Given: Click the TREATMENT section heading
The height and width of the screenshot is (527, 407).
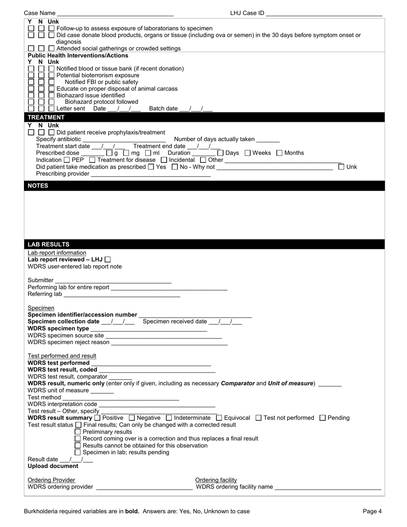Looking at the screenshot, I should point(46,117).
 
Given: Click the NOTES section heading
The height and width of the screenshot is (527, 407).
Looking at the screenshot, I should point(38,186).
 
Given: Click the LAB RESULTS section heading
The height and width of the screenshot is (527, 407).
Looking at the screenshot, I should point(48,244).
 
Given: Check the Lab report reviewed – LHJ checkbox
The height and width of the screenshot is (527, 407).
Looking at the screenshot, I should point(108,260).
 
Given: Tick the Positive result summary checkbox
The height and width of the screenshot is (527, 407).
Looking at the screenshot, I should point(97,418).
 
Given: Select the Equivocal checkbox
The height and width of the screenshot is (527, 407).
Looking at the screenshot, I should point(219,418).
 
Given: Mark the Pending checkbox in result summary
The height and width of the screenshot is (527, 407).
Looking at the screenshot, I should point(323,418).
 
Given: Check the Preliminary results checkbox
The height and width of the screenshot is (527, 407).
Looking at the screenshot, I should point(78,432).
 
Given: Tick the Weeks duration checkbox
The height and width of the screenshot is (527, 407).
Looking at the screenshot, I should point(248,153).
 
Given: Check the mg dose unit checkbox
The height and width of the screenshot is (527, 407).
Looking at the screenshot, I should point(126,153).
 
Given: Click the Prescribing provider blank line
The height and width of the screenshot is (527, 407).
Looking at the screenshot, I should point(151,174).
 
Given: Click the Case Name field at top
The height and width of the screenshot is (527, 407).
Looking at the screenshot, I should point(115,13).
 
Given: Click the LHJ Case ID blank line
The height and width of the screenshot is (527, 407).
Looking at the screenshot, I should point(324,13).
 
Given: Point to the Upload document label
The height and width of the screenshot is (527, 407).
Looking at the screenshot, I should point(53,466).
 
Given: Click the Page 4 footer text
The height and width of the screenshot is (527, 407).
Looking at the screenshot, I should point(372,511).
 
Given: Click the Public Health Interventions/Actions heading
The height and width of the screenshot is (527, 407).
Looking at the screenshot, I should point(78,56).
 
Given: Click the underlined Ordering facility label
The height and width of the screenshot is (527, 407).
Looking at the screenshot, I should point(216,480).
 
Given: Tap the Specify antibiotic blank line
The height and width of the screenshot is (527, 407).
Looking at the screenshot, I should point(124,139).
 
